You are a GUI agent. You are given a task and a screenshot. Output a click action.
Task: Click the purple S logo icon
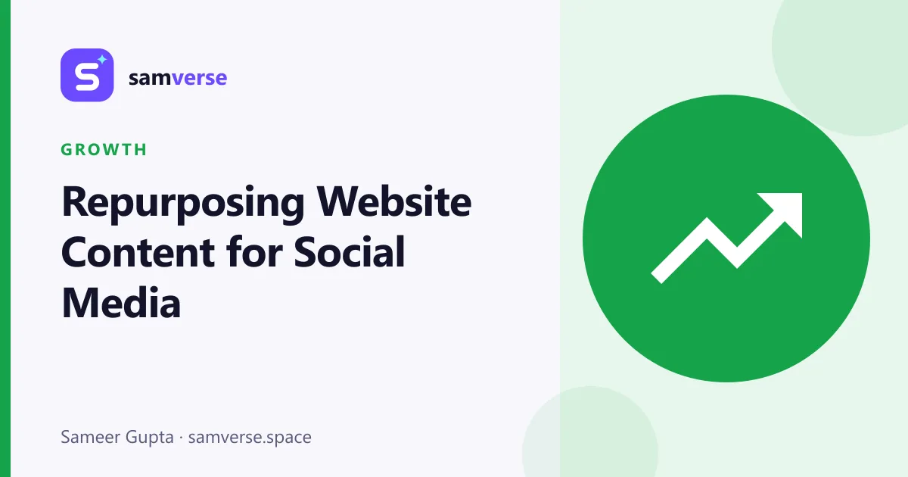pyautogui.click(x=87, y=75)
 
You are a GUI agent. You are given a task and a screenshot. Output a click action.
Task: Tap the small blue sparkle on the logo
pyautogui.click(x=102, y=60)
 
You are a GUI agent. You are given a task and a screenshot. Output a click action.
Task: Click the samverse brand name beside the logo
pyautogui.click(x=178, y=78)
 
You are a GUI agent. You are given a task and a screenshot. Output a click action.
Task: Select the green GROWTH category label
pyautogui.click(x=104, y=150)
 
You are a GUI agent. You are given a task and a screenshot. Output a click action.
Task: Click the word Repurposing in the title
pyautogui.click(x=183, y=204)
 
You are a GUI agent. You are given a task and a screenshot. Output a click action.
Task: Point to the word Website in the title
pyautogui.click(x=393, y=201)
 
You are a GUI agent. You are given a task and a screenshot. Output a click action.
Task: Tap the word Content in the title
pyautogui.click(x=138, y=252)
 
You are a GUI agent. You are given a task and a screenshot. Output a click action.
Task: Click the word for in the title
pyautogui.click(x=254, y=251)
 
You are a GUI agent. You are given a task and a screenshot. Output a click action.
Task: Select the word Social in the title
pyautogui.click(x=350, y=251)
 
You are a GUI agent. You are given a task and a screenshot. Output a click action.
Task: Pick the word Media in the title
pyautogui.click(x=121, y=302)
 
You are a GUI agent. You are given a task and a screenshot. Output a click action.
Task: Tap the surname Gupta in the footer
pyautogui.click(x=150, y=438)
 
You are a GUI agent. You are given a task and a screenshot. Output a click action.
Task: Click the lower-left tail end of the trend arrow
pyautogui.click(x=657, y=277)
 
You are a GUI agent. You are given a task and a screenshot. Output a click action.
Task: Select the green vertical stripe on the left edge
pyautogui.click(x=5, y=238)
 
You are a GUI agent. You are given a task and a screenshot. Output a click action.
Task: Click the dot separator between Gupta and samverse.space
pyautogui.click(x=181, y=438)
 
